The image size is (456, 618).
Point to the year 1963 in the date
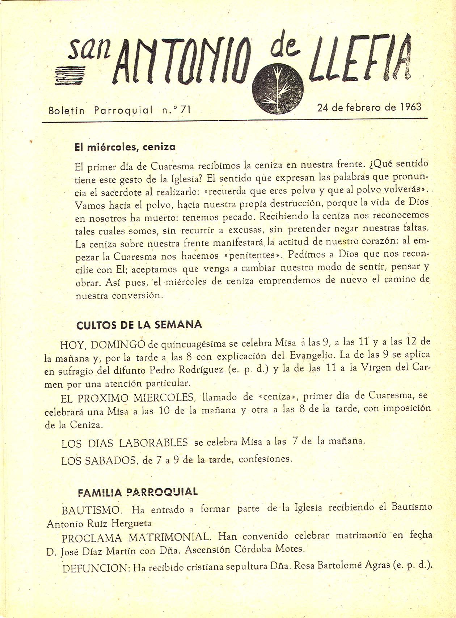click(x=411, y=107)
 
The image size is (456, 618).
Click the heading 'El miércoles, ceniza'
click(x=125, y=147)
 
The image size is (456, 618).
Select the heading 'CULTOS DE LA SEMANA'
click(x=139, y=325)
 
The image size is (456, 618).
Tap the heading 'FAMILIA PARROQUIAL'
click(x=138, y=492)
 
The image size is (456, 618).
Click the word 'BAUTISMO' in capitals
click(x=91, y=510)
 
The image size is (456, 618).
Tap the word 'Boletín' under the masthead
click(x=67, y=110)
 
